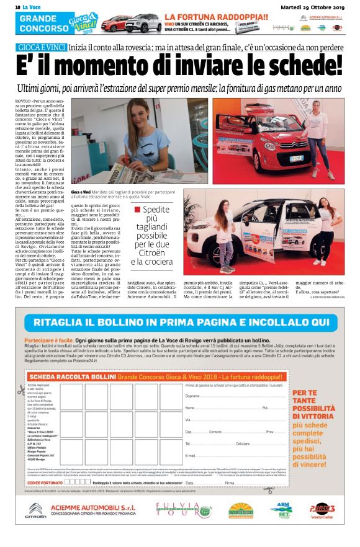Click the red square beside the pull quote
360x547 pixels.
pos(138,210)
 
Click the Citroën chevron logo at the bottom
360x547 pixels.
pos(35,511)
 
